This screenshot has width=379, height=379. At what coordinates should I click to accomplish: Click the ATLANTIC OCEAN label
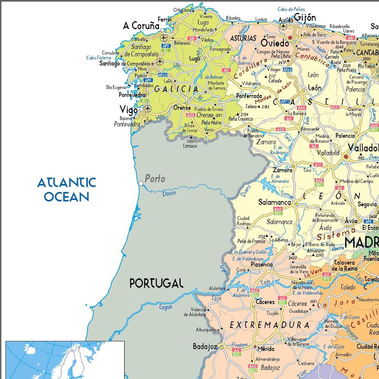pos(67,190)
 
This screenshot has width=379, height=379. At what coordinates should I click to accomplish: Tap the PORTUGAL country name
pos(156,283)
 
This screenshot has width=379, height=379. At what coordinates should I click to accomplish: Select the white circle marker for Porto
pos(141,183)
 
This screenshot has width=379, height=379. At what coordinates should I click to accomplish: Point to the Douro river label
pos(169,193)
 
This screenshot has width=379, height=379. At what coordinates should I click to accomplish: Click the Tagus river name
pos(166,307)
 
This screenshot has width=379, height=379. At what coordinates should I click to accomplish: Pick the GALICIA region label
pos(176,89)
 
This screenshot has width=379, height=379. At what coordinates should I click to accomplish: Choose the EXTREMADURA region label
pos(270,325)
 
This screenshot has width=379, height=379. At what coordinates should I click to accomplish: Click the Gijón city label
pos(305,17)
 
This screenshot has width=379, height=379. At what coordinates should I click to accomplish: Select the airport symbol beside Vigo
pos(148,109)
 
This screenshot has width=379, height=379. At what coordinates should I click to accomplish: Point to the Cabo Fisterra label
pos(98,58)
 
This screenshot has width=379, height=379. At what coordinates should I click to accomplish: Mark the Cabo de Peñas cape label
pos(291,9)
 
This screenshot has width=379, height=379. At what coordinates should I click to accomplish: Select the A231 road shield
pos(335,108)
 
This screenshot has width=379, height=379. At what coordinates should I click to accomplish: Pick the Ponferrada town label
pos(249,96)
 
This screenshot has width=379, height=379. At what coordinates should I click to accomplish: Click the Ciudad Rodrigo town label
pos(243,221)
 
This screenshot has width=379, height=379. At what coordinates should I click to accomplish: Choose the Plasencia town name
pos(262,265)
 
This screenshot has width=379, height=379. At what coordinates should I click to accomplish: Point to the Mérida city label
pos(266,349)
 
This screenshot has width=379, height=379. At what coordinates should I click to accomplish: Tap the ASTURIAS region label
pos(243,39)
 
